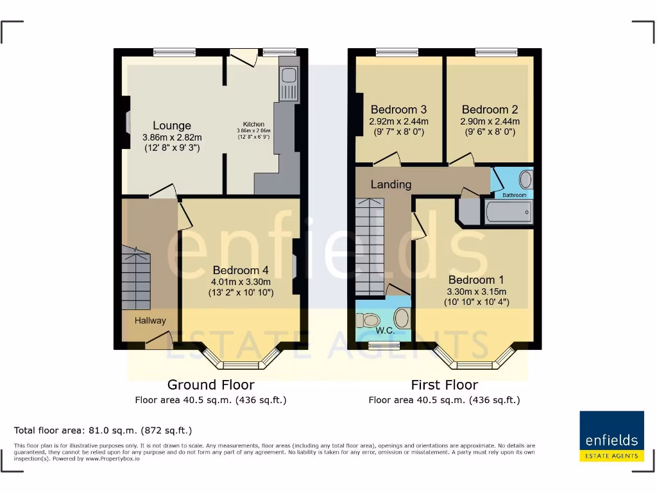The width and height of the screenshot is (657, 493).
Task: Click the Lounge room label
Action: click(x=172, y=126)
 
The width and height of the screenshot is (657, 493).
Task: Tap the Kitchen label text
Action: click(x=253, y=125)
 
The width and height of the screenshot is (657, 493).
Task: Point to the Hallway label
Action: click(x=150, y=320)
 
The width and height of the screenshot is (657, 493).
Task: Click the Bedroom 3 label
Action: click(x=398, y=110)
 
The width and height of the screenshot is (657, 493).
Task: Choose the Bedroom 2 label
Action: click(x=490, y=110)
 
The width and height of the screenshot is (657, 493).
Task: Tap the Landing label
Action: click(x=391, y=184)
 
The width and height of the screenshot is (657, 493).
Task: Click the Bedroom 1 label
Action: click(x=476, y=280)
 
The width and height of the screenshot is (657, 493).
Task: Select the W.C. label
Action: click(x=385, y=331)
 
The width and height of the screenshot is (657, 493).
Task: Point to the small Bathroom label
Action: click(x=514, y=195)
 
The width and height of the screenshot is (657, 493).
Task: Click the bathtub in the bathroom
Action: click(x=509, y=212)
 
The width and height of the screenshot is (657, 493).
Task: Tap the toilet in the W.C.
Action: click(x=370, y=319)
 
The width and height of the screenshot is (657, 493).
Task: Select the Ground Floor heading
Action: click(x=210, y=385)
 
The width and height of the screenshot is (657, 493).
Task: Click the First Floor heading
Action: click(x=444, y=385)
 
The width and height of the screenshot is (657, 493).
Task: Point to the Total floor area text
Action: click(x=103, y=430)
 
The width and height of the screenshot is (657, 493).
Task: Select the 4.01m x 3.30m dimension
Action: click(x=241, y=282)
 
